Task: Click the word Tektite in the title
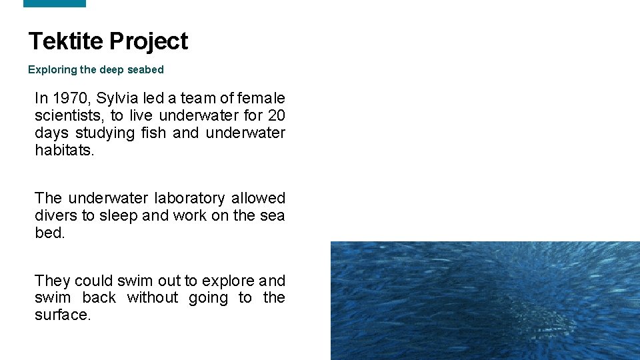[66, 41]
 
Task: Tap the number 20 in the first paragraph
[276, 116]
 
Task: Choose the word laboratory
[189, 198]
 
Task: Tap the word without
[153, 297]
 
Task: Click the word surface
[62, 315]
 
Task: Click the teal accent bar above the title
[55, 3]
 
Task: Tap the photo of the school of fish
[485, 301]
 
